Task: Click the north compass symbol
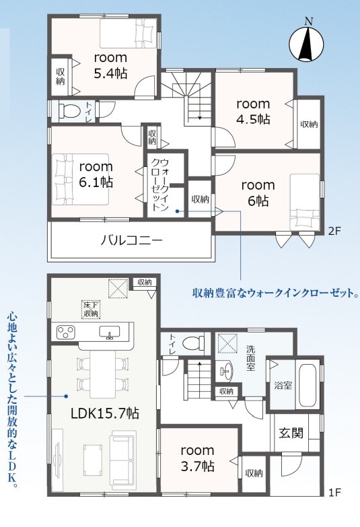(x=306, y=40)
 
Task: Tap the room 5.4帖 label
(x=110, y=65)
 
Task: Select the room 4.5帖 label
(x=253, y=111)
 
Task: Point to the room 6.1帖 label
(x=96, y=174)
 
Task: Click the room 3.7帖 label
(x=197, y=458)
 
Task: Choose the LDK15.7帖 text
(x=105, y=413)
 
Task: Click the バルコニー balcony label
(x=132, y=240)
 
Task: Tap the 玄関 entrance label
(x=291, y=433)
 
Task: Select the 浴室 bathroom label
(x=283, y=385)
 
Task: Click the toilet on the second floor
(x=69, y=110)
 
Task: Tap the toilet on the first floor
(x=193, y=343)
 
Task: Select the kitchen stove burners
(x=66, y=332)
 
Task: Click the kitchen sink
(x=110, y=332)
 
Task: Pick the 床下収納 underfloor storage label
(x=91, y=310)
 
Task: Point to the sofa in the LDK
(x=123, y=460)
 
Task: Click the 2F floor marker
(x=334, y=231)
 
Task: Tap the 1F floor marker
(x=334, y=493)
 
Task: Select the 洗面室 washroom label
(x=250, y=358)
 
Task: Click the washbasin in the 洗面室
(x=224, y=371)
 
